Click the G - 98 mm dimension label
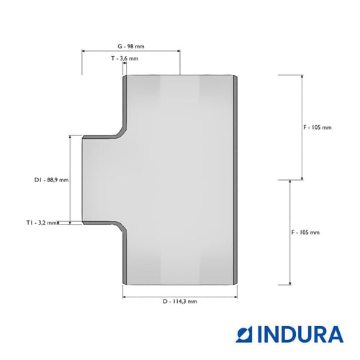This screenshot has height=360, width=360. (131, 46)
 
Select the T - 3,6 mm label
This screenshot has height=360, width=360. (125, 58)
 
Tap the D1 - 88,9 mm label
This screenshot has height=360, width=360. (51, 180)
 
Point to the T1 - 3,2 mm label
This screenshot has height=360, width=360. (42, 222)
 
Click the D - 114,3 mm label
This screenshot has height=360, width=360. (180, 302)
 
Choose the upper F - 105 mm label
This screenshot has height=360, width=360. (318, 127)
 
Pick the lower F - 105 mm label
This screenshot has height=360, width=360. (305, 233)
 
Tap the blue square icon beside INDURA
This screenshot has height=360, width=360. (244, 334)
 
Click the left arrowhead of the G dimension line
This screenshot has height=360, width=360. (84, 51)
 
